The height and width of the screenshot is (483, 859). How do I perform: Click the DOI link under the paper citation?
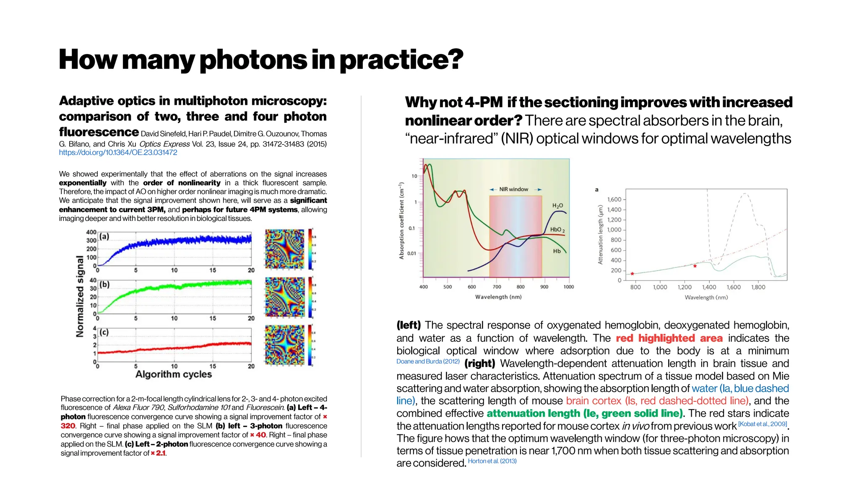[x=118, y=153]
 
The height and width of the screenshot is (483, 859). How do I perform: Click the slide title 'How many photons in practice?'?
[x=261, y=60]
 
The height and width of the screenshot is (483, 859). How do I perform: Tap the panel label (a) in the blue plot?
[x=104, y=236]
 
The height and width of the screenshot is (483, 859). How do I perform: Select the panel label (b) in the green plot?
[x=104, y=284]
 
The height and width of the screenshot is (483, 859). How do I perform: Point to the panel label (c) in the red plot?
[x=104, y=332]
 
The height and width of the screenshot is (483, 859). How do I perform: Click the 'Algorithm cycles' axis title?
[x=174, y=374]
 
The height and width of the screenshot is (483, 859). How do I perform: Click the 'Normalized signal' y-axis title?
[x=80, y=296]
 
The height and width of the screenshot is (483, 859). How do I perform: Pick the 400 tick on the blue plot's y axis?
[x=91, y=232]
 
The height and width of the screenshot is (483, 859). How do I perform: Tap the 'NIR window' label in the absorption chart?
[x=514, y=190]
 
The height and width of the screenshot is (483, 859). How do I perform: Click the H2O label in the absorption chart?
[x=557, y=206]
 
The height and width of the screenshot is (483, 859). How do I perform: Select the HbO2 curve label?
[x=557, y=230]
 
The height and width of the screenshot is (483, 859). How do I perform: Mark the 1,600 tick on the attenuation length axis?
[x=614, y=200]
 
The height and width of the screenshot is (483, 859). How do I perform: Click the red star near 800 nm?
[x=633, y=274]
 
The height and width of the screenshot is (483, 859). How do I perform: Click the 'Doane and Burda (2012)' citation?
[x=428, y=361]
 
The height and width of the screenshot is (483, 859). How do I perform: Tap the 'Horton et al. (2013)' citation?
[x=492, y=461]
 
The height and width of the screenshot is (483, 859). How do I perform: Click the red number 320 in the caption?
[x=68, y=426]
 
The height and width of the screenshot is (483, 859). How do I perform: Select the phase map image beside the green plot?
[x=285, y=297]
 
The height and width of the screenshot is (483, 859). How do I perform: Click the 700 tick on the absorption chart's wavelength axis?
[x=497, y=287]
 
